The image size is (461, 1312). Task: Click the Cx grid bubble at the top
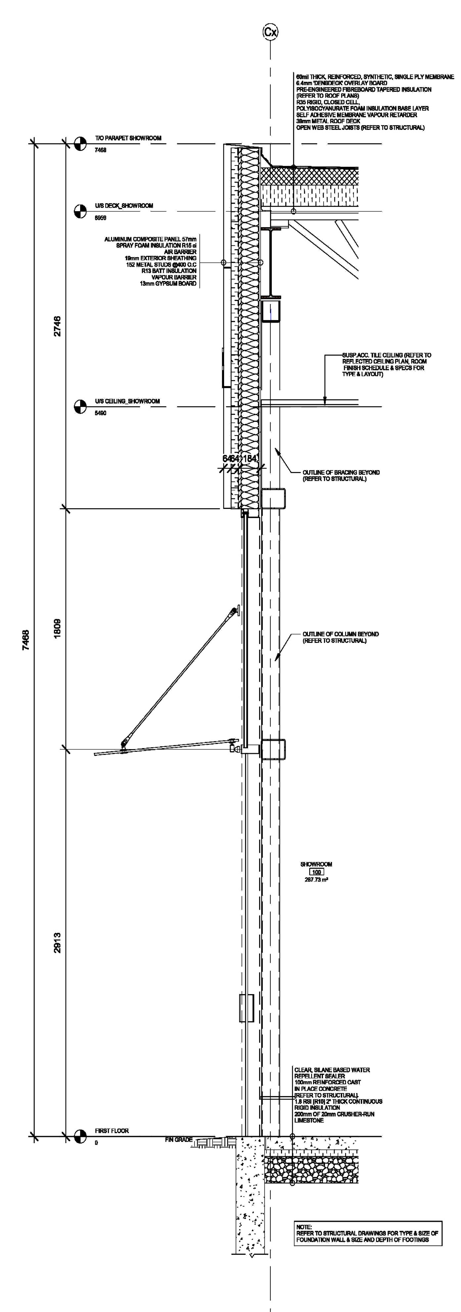270,32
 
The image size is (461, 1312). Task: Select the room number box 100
316,872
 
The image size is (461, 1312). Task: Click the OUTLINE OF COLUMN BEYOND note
340,637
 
